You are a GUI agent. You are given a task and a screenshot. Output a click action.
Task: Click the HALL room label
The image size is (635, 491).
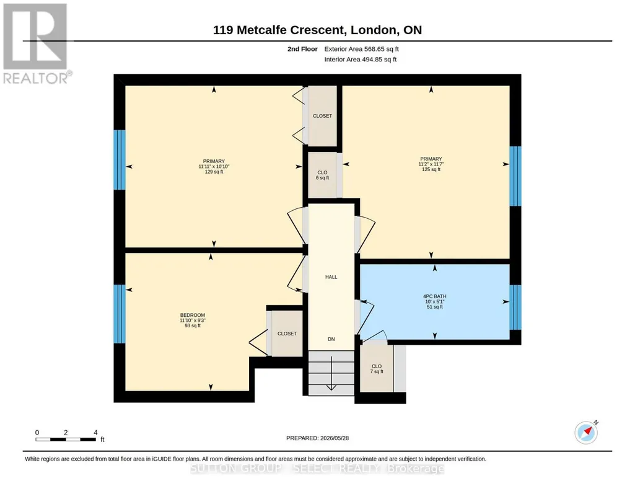click(x=331, y=277)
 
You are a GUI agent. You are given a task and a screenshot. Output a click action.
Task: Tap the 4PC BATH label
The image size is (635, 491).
click(x=434, y=296)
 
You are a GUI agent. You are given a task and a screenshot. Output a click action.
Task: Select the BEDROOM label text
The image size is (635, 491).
click(x=193, y=315)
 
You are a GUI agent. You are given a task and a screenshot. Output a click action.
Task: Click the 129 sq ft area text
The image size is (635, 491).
click(x=214, y=172)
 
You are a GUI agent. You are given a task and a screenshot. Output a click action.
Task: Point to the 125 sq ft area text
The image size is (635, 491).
click(x=431, y=169)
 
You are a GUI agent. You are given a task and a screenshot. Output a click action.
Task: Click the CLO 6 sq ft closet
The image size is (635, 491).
click(x=322, y=175)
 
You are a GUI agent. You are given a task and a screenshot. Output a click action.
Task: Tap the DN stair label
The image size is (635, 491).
click(x=331, y=339)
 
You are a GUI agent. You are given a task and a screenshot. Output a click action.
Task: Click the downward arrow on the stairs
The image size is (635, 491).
click(x=331, y=373)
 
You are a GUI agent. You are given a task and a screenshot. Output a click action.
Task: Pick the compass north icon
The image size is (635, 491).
click(x=586, y=432)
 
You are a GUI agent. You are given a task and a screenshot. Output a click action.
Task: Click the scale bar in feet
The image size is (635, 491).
click(x=66, y=439)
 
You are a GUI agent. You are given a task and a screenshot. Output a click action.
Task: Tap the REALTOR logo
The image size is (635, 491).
click(x=36, y=44)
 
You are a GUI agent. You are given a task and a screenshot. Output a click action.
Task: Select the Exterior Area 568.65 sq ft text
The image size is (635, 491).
click(x=361, y=49)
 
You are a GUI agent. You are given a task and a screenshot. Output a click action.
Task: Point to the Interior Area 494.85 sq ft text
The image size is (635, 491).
click(x=361, y=60)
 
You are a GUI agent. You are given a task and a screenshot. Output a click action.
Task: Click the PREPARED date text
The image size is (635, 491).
click(x=317, y=438)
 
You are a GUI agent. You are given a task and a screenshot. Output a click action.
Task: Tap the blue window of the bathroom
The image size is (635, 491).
click(x=515, y=307)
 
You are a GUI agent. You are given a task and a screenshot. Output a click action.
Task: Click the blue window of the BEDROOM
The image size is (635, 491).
click(x=120, y=314)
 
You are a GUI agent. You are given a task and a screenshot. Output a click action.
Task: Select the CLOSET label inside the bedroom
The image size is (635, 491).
click(x=287, y=334)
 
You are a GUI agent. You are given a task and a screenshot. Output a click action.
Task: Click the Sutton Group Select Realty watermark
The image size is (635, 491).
click(x=317, y=469)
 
